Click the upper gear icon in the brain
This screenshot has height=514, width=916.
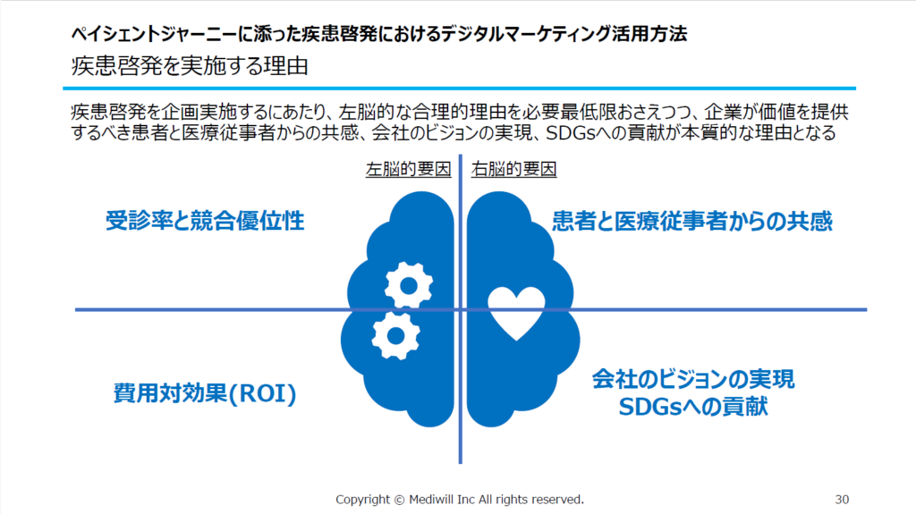(x=408, y=285)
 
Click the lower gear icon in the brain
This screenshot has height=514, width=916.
(x=395, y=335)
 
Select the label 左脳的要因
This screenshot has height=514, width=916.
(x=408, y=169)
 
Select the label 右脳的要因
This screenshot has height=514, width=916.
(x=514, y=169)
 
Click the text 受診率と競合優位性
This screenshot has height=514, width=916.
(x=205, y=221)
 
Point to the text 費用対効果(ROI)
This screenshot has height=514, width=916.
(x=205, y=393)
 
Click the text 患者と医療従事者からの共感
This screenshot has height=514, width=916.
(x=692, y=221)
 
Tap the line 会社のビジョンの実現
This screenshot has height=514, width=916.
(x=693, y=379)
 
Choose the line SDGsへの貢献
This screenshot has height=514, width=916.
(x=693, y=407)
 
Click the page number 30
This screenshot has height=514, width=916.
(x=842, y=500)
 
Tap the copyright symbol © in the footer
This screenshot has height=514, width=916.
(x=399, y=500)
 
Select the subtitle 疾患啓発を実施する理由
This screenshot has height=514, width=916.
(x=190, y=66)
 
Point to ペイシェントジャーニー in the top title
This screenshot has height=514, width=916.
(x=154, y=34)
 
